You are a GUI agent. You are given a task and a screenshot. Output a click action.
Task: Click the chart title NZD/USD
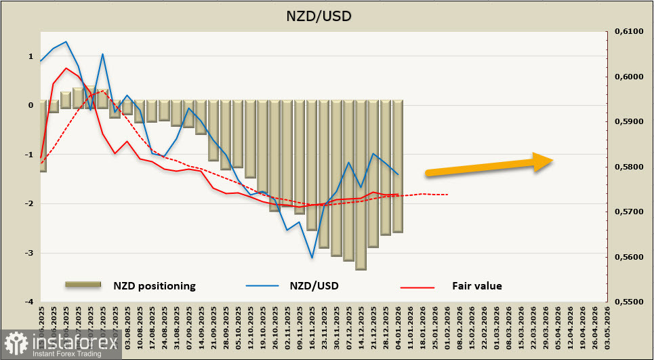click(327, 14)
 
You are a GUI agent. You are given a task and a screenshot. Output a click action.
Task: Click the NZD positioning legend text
click(154, 286)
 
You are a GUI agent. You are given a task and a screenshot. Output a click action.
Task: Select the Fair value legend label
click(476, 286)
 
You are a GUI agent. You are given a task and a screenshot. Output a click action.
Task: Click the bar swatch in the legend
click(82, 285)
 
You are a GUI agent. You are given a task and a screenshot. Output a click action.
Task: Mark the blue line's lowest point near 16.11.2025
click(312, 258)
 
